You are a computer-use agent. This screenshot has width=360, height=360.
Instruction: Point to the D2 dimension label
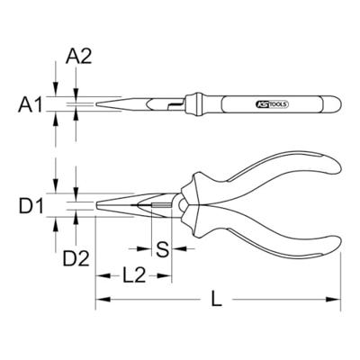76,259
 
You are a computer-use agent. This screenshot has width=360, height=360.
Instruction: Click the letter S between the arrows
163,247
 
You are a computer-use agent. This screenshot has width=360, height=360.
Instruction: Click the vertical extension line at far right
342,270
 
